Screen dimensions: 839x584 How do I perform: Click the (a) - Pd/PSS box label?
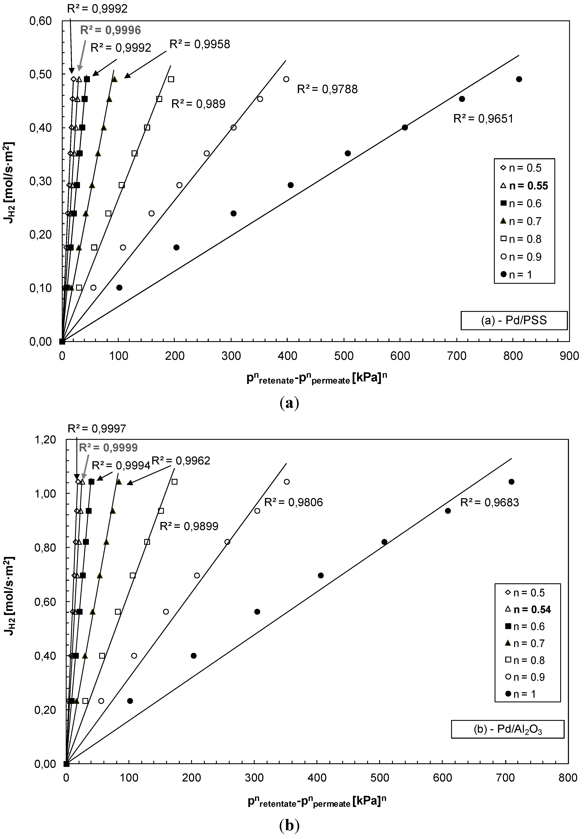click(x=514, y=320)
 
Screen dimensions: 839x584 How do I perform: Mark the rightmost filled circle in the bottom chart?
click(x=511, y=482)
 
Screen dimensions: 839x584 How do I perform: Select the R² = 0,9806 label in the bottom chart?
click(x=294, y=502)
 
